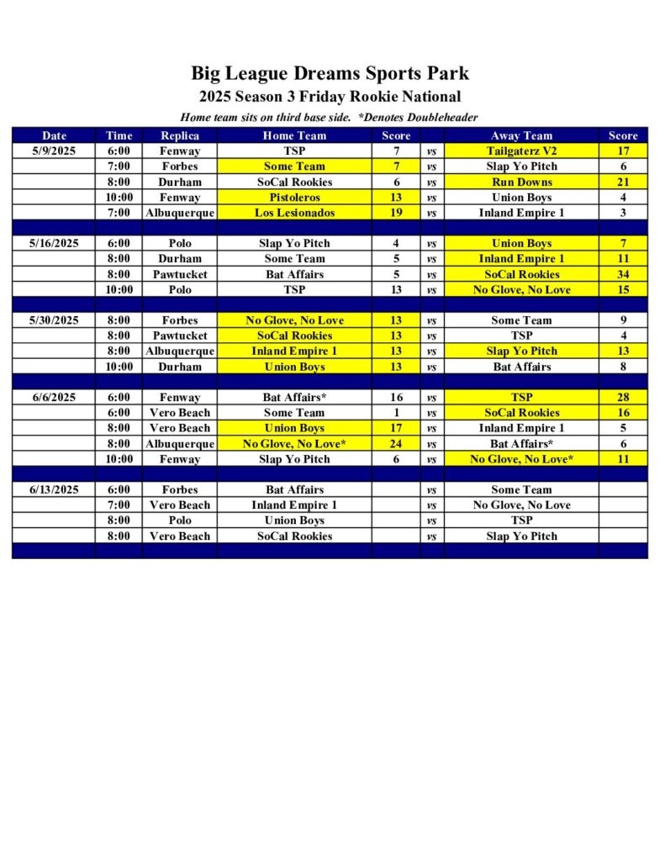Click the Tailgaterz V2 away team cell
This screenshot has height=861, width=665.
(x=521, y=151)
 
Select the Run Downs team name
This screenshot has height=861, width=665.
(x=521, y=182)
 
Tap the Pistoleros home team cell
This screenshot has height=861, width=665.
(x=294, y=198)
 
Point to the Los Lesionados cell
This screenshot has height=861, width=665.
(x=294, y=213)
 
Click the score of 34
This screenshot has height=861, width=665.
(x=623, y=274)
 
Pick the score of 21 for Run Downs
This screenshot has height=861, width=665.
(x=623, y=182)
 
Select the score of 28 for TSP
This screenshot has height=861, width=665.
(x=623, y=397)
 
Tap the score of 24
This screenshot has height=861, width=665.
(x=396, y=444)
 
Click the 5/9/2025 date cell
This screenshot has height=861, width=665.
(x=54, y=151)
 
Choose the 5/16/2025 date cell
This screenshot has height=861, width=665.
(x=54, y=243)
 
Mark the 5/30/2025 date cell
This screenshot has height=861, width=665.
(x=54, y=320)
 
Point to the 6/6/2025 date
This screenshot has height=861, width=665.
(x=54, y=397)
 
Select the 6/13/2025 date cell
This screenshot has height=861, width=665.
(x=54, y=489)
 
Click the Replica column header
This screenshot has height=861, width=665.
(x=180, y=135)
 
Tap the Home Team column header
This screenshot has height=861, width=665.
(x=294, y=135)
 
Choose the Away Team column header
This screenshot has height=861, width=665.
(x=521, y=135)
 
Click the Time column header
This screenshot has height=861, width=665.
(x=119, y=135)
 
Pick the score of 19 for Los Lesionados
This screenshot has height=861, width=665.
(x=396, y=213)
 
